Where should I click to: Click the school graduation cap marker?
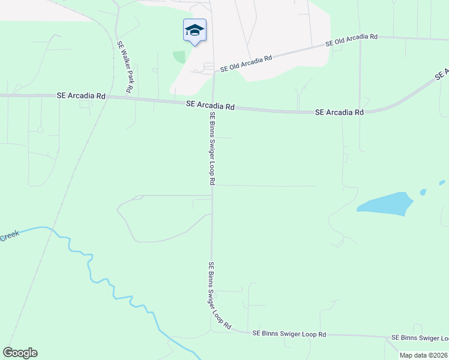coord(194,31)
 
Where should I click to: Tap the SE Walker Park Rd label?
coord(125,67)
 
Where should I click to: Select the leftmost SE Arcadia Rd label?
coord(81,95)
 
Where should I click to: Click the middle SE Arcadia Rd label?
coord(210,105)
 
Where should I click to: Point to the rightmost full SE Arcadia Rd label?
coord(340,112)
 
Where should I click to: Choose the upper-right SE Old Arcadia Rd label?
coord(351,40)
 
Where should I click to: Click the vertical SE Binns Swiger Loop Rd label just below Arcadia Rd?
coord(212,148)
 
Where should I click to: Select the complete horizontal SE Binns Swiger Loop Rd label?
coord(289,334)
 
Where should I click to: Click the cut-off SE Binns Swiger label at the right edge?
coord(420,339)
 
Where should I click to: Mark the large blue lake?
coord(385,203)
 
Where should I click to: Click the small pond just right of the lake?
coord(423,193)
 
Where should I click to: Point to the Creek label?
coord(10,236)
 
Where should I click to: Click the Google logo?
coord(20,353)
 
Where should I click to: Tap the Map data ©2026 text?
coord(423,355)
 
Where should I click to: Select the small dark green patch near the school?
coord(179,57)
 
